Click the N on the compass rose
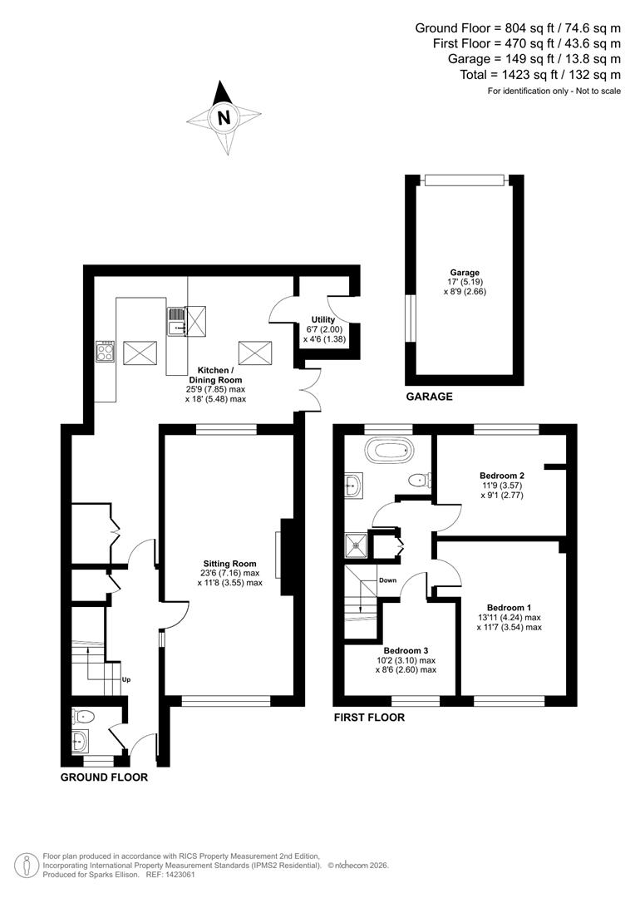point(223,118)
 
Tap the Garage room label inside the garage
point(465,272)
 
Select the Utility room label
point(323,319)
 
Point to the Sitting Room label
point(229,564)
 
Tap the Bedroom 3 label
point(406,650)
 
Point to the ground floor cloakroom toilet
point(84,716)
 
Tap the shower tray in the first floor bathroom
point(358,545)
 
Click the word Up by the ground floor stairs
point(126,679)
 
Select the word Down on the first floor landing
point(387,580)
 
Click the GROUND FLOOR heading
point(104,777)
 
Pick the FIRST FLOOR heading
point(369,717)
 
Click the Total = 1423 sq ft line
point(540,74)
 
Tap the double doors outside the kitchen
point(311,389)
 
